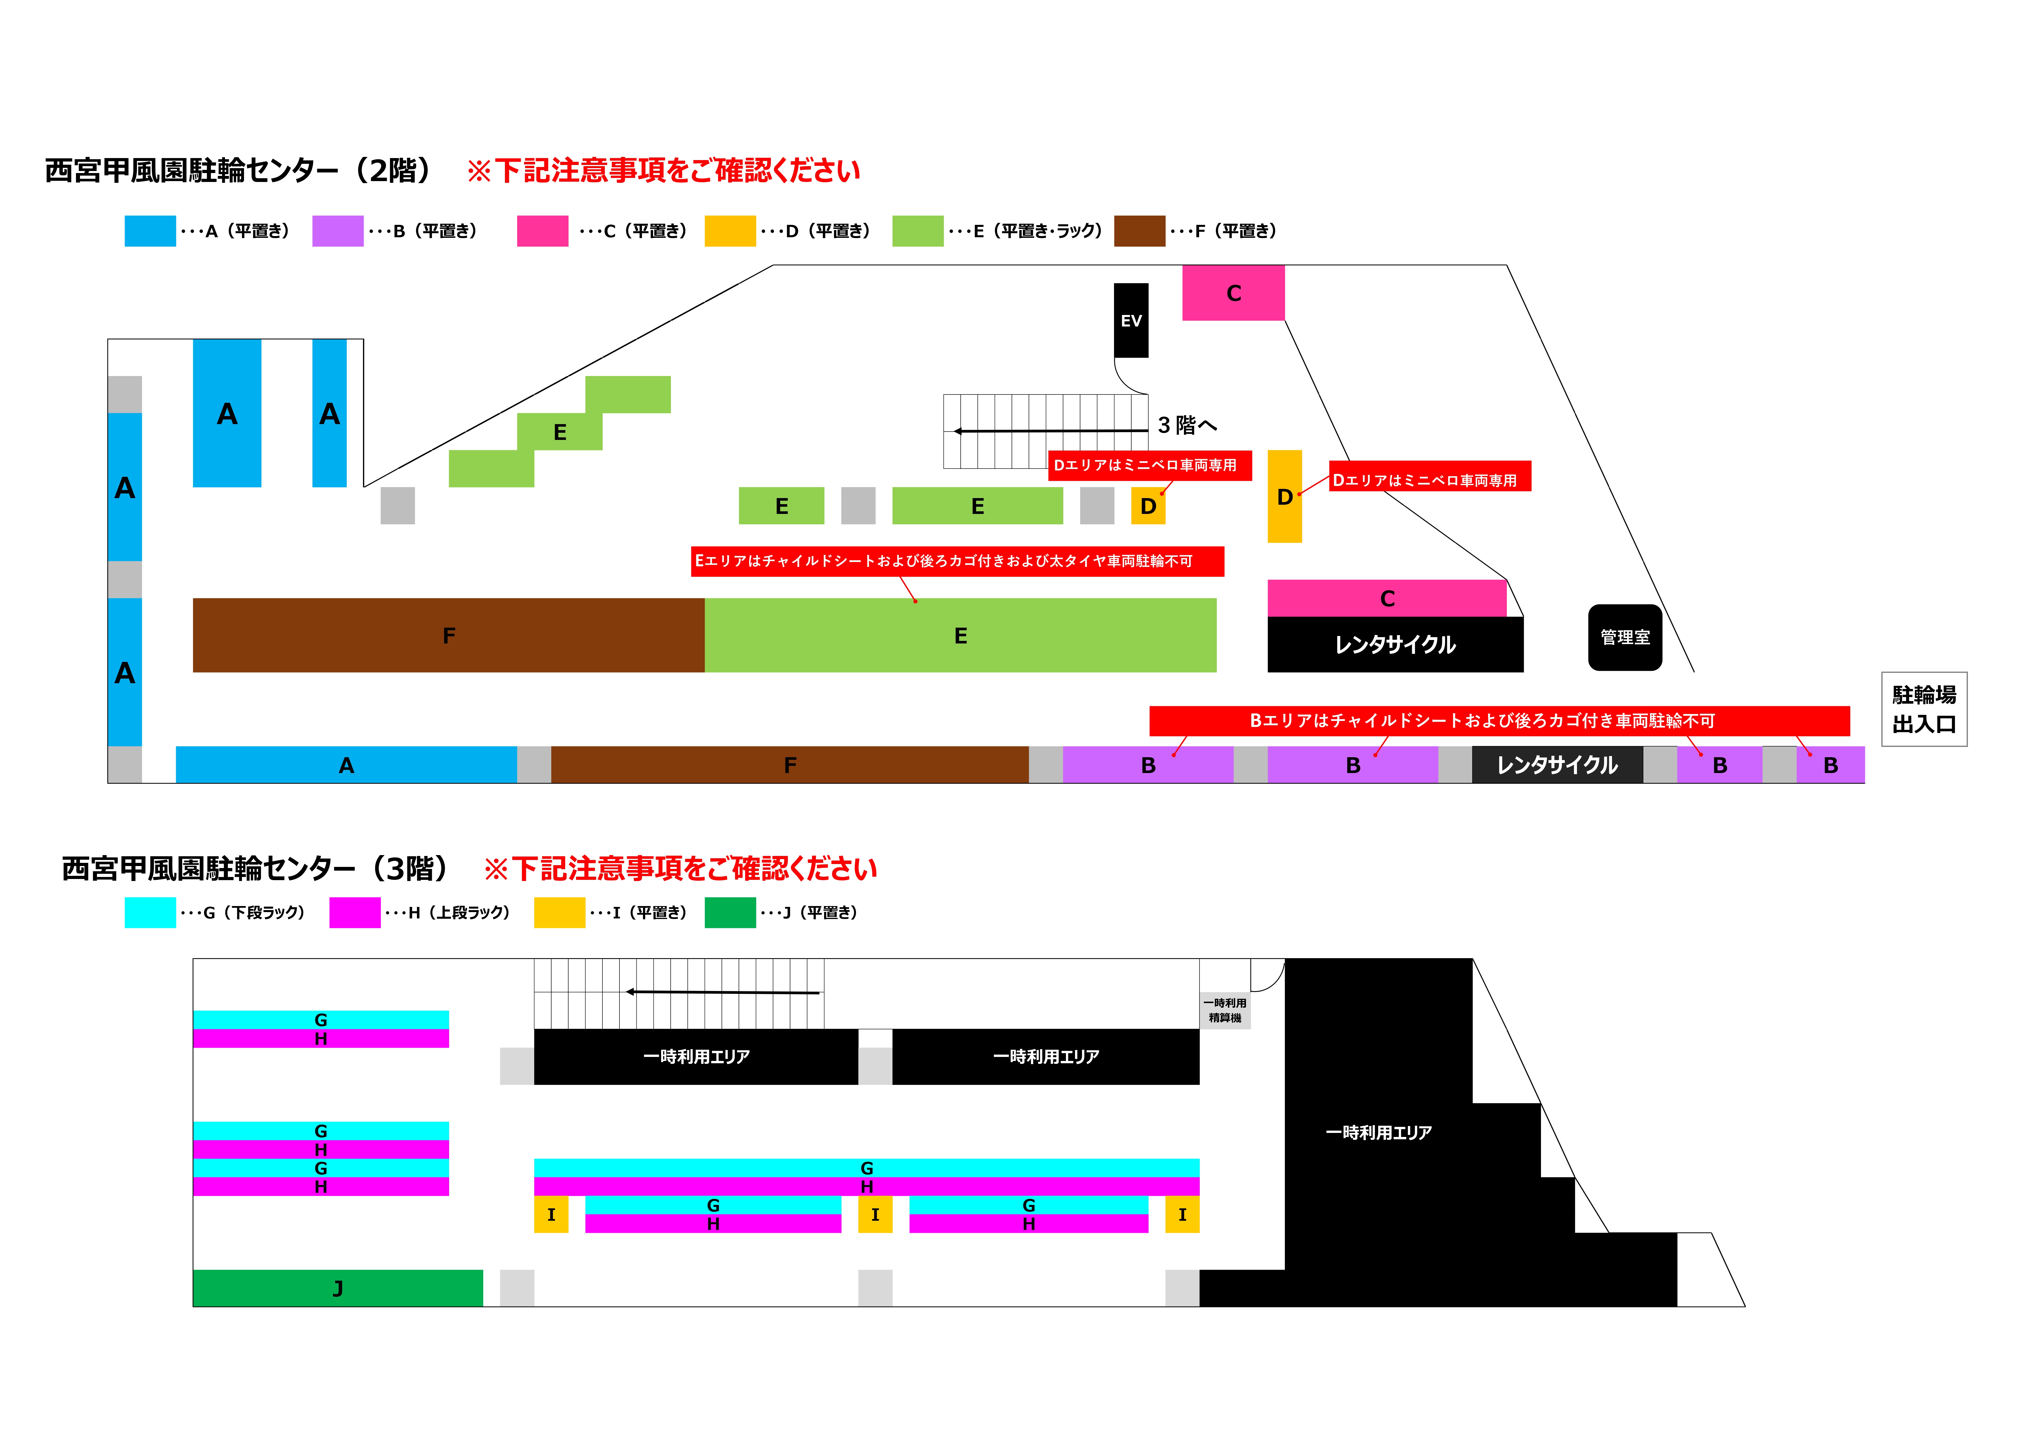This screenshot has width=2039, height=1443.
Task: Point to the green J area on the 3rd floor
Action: point(337,1288)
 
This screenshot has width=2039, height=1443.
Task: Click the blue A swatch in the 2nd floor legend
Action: point(150,231)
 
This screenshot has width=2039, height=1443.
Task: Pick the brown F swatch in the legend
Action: point(1139,231)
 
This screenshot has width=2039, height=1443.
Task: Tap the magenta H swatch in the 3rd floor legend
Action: point(354,913)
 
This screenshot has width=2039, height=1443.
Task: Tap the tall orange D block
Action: point(1284,496)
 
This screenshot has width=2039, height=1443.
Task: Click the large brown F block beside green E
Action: point(449,635)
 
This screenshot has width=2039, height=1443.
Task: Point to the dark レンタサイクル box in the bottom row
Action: point(1557,765)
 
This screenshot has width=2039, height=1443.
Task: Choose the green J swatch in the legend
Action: point(730,913)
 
